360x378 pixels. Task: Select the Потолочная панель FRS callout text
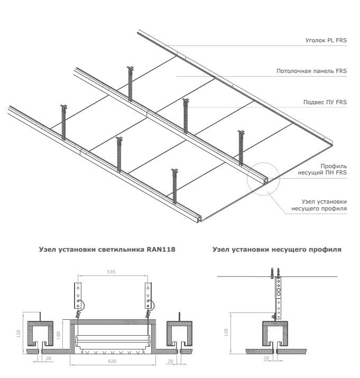pyautogui.click(x=312, y=71)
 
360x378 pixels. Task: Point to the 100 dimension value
pyautogui.click(x=59, y=335)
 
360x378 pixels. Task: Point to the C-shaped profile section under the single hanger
pyautogui.click(x=274, y=331)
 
